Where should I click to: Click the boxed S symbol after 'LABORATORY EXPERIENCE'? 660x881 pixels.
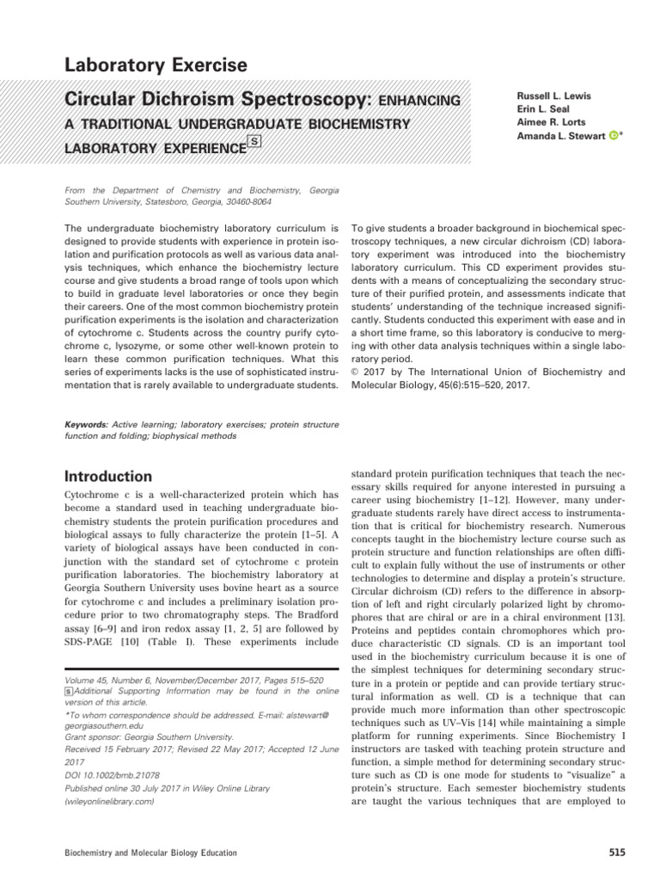pyautogui.click(x=255, y=143)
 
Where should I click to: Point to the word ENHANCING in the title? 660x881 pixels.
pyautogui.click(x=419, y=102)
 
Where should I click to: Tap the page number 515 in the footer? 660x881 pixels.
pyautogui.click(x=616, y=853)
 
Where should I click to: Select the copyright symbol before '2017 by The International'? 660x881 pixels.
pyautogui.click(x=357, y=373)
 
